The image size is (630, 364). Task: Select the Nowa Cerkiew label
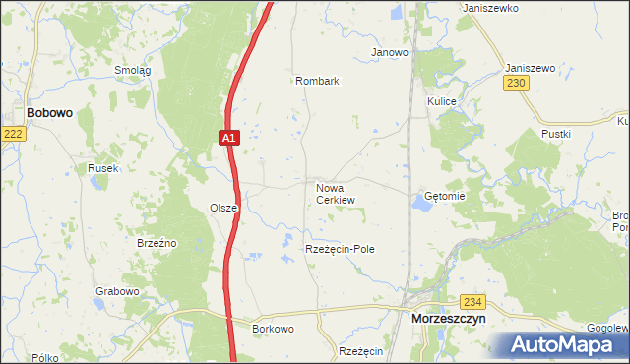(x=335, y=193)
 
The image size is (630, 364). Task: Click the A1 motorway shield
(x=228, y=140)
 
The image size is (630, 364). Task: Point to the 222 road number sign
(x=12, y=134)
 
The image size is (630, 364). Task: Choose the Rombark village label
(x=317, y=81)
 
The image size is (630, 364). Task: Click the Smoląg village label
(x=132, y=70)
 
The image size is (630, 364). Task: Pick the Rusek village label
(x=102, y=168)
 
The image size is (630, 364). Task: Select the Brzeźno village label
(x=157, y=242)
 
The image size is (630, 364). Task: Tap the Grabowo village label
(x=117, y=292)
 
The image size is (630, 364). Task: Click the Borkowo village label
(x=274, y=329)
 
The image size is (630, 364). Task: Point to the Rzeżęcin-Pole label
(x=341, y=250)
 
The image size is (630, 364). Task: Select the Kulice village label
(x=441, y=101)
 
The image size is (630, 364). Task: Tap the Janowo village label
(x=389, y=52)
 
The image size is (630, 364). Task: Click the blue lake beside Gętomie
(x=421, y=202)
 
